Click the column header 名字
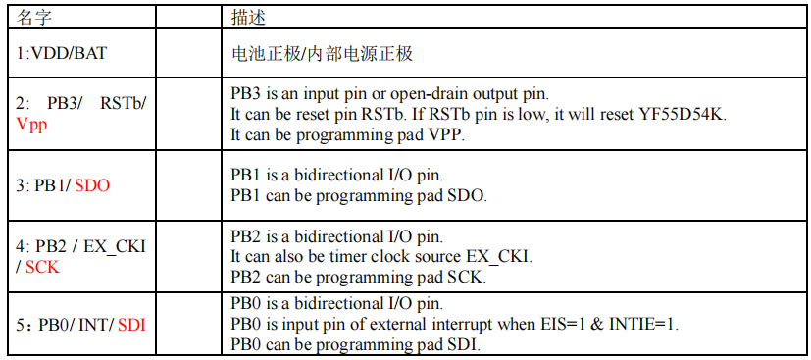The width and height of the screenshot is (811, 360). pos(34,18)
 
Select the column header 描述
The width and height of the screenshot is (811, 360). pos(248,18)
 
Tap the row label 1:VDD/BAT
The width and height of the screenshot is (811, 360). pos(61,53)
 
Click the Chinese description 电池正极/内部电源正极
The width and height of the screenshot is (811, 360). pos(322,54)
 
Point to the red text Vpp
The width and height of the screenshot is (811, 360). pos(31,126)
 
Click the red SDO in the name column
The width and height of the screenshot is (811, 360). pos(92,186)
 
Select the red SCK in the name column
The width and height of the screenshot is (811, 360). pos(42,268)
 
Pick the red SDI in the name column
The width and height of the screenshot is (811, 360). pos(131,325)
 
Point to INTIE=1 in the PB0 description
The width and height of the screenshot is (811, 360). pos(643,325)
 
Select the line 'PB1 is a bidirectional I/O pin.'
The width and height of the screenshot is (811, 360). pos(336,176)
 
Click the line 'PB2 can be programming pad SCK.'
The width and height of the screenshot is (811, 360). pos(359,278)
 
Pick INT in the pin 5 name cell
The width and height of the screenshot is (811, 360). pos(93,325)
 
